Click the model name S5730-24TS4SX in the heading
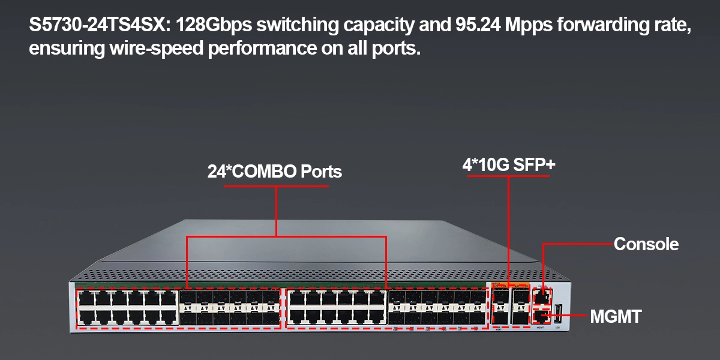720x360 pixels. point(99,26)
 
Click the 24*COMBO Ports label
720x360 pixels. point(275,172)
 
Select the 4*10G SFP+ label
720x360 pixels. point(509,165)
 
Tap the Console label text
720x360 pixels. point(646,244)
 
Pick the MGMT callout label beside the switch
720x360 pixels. point(616,316)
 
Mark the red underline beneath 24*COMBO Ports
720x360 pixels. point(276,186)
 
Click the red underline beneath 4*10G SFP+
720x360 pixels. point(509,178)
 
